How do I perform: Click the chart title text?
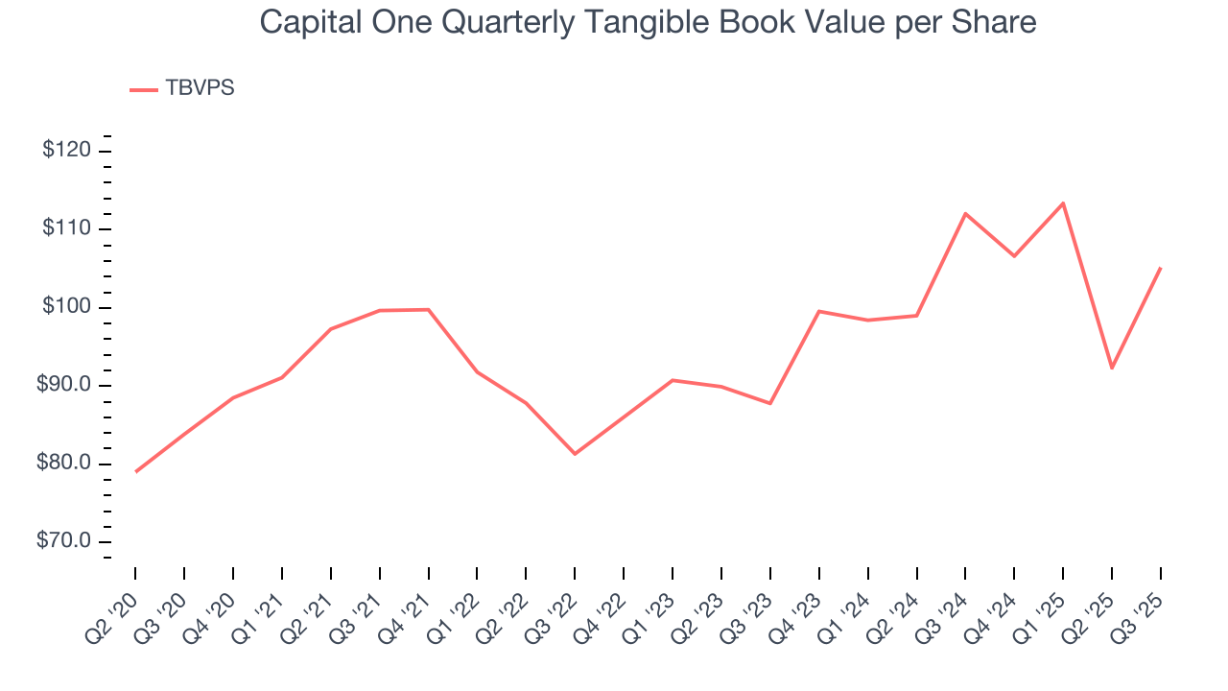click(648, 21)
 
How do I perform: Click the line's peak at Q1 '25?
click(1063, 203)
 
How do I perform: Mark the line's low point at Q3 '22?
click(575, 453)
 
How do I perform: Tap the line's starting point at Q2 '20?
click(135, 471)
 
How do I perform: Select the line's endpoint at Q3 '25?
click(1161, 268)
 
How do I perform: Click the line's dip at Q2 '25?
click(1112, 368)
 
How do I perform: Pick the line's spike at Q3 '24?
click(965, 213)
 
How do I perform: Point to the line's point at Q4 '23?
click(819, 311)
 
